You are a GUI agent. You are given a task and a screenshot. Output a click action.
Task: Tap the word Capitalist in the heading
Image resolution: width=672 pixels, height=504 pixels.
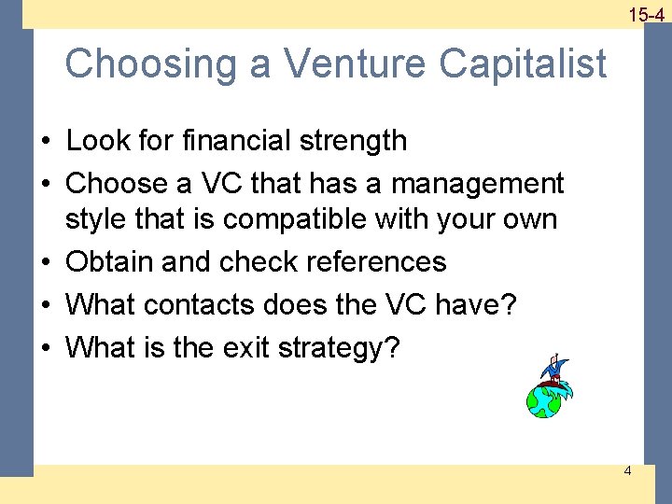(524, 64)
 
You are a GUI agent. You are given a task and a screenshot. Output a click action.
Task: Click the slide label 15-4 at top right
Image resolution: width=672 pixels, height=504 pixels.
(646, 14)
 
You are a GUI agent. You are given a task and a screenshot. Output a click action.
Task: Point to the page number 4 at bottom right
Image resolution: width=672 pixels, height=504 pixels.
(627, 470)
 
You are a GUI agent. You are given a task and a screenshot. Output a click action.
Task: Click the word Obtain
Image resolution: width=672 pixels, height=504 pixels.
(110, 262)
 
